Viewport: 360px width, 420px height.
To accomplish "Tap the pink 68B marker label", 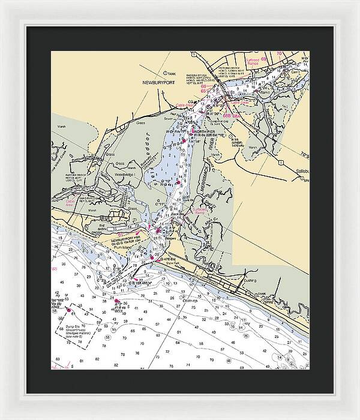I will pyautogui.click(x=227, y=115).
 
